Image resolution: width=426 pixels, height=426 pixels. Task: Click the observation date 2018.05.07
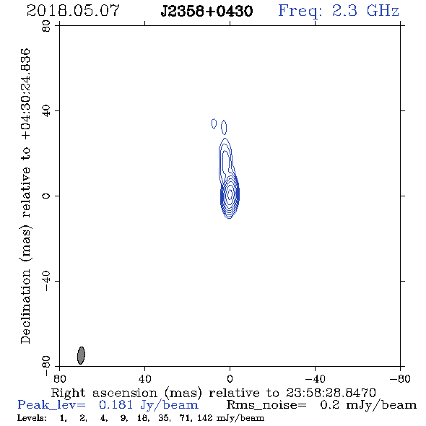pyautogui.click(x=73, y=11)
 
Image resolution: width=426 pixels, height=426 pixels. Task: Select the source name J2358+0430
pyautogui.click(x=207, y=11)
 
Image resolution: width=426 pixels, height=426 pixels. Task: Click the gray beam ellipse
pyautogui.click(x=81, y=355)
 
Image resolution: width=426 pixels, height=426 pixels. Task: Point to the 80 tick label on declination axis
pyautogui.click(x=46, y=26)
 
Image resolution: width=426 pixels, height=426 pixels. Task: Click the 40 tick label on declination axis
pyautogui.click(x=46, y=111)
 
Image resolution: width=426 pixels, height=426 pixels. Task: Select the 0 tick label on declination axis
pyautogui.click(x=46, y=196)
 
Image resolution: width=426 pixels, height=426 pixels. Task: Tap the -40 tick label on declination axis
pyautogui.click(x=46, y=281)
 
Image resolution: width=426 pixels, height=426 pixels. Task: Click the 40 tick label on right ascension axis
pyautogui.click(x=144, y=378)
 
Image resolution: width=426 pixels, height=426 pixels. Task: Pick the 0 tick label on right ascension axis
pyautogui.click(x=230, y=378)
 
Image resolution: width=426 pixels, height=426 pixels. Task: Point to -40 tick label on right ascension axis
pyautogui.click(x=315, y=378)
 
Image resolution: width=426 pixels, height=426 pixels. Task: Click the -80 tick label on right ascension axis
pyautogui.click(x=400, y=378)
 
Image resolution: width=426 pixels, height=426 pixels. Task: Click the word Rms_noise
pyautogui.click(x=266, y=405)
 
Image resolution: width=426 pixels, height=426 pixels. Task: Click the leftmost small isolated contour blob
pyautogui.click(x=214, y=123)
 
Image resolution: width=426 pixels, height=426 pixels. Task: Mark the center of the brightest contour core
pyautogui.click(x=230, y=194)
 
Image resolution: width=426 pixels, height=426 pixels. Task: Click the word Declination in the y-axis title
pyautogui.click(x=25, y=307)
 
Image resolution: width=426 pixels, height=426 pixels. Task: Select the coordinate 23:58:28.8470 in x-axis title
pyautogui.click(x=331, y=393)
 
